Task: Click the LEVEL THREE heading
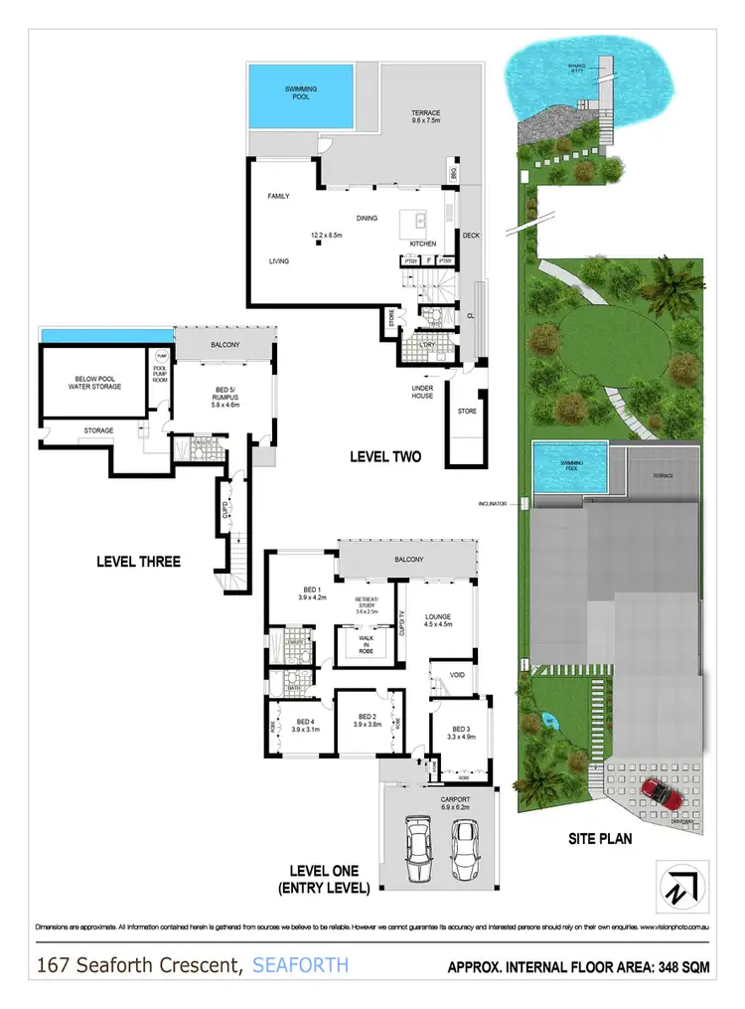[138, 562]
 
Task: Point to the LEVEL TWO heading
[385, 457]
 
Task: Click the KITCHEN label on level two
[423, 244]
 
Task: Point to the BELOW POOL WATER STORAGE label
[97, 382]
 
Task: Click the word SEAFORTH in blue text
[301, 964]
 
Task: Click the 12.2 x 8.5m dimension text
[327, 236]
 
